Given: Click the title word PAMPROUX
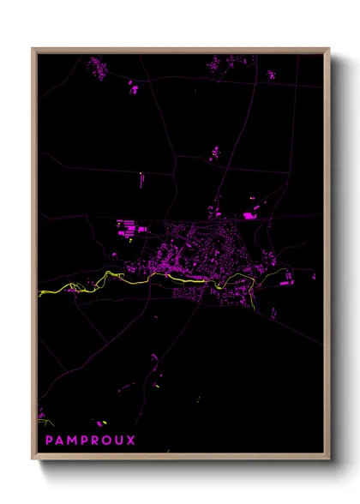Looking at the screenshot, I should pos(90,441).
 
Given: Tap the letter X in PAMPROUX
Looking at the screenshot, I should pos(130,441).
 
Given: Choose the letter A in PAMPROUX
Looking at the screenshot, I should pos(59,441).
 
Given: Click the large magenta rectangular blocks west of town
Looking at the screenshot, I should pos(127,228).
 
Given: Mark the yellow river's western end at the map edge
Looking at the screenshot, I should pos(41,293).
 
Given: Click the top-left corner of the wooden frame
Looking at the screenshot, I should pos(33,50).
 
